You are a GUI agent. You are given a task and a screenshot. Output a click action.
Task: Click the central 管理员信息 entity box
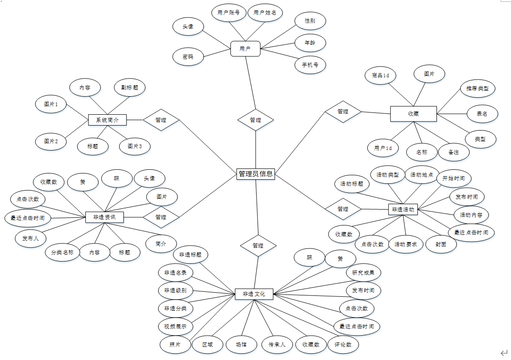click(255, 173)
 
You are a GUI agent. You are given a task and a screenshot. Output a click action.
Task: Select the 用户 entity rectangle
click(245, 49)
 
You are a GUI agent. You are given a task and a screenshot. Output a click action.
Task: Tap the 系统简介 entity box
click(107, 120)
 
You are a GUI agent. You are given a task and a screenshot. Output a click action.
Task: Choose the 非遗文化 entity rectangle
click(254, 294)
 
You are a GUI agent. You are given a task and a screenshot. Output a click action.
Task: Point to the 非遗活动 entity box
click(403, 209)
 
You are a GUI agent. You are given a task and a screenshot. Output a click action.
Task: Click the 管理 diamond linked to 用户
click(256, 120)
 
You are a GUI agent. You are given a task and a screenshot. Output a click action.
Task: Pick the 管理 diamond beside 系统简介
click(161, 120)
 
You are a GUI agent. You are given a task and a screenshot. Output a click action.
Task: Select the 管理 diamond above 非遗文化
click(258, 246)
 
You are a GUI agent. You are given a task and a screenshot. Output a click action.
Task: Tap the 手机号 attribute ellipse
click(310, 65)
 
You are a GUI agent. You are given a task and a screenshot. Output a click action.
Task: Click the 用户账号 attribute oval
click(229, 13)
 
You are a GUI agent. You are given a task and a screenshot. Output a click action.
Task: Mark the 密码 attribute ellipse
click(188, 57)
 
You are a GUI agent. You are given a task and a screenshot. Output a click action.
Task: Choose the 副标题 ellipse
click(130, 88)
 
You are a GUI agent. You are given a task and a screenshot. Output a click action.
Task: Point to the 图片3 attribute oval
click(135, 146)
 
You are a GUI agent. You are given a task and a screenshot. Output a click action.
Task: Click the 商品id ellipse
click(381, 75)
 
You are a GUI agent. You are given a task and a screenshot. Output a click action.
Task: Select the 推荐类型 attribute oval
click(478, 88)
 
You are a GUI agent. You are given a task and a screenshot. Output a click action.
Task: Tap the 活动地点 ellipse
click(422, 174)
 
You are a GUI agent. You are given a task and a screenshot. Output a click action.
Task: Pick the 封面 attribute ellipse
click(441, 244)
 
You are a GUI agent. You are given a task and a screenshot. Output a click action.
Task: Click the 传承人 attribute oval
click(277, 345)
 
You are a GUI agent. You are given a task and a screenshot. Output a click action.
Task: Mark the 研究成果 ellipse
click(363, 273)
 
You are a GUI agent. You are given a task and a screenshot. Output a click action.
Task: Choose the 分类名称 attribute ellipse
click(62, 252)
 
